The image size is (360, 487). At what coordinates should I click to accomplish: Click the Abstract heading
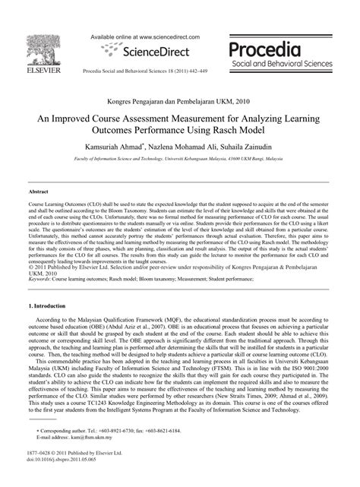tap(39, 192)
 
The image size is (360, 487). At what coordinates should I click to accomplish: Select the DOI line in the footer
tap(61, 482)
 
